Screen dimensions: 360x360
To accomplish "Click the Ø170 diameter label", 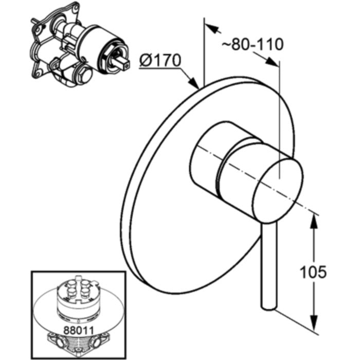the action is point(160,61).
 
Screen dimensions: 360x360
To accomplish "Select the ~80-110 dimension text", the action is point(253,44).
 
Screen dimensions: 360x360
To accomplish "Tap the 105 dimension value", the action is point(313,272).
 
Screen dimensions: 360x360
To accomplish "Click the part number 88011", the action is point(79,331).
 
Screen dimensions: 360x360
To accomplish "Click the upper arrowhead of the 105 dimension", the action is point(314,221).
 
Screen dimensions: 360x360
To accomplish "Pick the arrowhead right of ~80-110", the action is point(272,62).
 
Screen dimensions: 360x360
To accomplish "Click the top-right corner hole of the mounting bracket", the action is point(75,8).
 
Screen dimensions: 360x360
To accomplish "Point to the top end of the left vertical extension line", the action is point(204,18).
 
